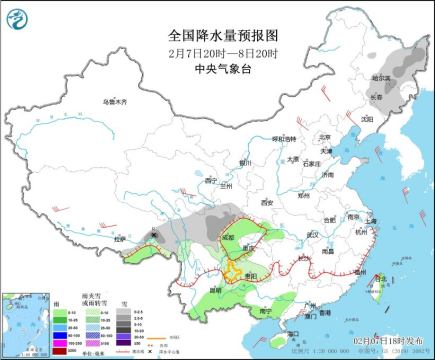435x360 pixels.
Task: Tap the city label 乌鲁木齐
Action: click(115, 102)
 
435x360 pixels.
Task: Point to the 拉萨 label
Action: click(120, 239)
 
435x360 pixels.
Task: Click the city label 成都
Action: click(227, 237)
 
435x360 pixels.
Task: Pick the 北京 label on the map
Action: click(325, 137)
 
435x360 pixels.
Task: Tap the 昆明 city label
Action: click(215, 290)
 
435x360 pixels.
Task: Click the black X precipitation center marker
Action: click(154, 235)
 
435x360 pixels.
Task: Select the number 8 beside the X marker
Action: click(153, 229)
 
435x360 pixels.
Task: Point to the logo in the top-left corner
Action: click(17, 18)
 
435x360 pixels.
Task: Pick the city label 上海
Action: click(370, 220)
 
